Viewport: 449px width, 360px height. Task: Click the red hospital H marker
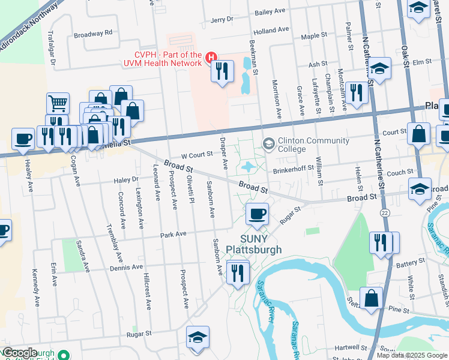point(211,58)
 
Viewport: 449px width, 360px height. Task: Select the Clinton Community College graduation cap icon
point(268,143)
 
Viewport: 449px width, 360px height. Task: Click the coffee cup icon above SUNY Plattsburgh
point(257,214)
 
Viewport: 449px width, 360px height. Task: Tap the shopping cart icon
point(58,103)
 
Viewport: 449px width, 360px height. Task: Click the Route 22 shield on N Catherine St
point(382,212)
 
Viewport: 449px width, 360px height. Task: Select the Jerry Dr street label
point(222,20)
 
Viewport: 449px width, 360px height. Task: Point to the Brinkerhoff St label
point(294,168)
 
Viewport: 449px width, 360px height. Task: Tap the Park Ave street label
point(173,234)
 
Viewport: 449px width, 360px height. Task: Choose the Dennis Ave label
point(126,267)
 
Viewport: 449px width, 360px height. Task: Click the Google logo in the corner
point(20,353)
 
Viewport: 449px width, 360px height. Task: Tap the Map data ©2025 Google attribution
point(412,355)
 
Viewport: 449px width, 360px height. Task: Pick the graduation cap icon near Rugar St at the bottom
point(197,338)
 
